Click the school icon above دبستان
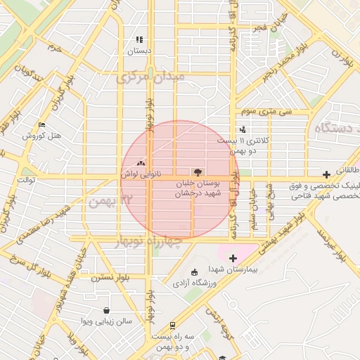point(139,40)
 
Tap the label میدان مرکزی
point(150,77)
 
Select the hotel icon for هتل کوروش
point(41,125)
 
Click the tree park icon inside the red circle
point(196,172)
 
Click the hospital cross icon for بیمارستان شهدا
point(233,259)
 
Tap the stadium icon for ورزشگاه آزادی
point(195,273)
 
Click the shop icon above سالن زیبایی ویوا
point(106,310)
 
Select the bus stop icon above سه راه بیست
point(173,326)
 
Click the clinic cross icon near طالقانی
point(326,174)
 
